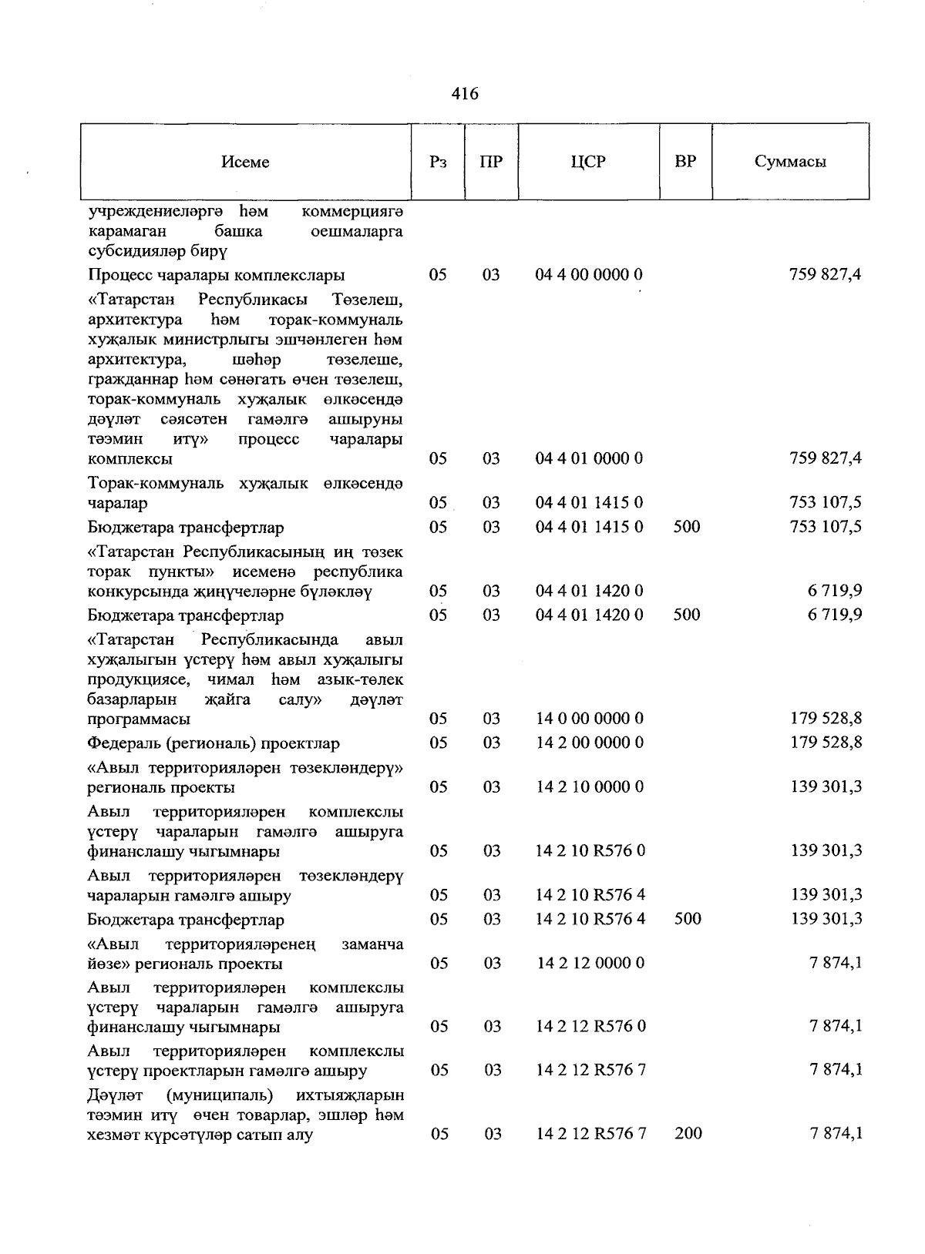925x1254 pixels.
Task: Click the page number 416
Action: click(x=465, y=94)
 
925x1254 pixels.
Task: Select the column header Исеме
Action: click(x=245, y=162)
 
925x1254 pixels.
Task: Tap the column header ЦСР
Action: click(x=588, y=162)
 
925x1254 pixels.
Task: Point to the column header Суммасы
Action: click(x=790, y=162)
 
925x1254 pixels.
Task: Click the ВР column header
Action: click(x=685, y=162)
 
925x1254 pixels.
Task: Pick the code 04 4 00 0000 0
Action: click(x=590, y=275)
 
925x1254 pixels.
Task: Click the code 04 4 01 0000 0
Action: click(x=590, y=459)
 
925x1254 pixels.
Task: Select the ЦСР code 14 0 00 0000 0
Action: click(x=590, y=719)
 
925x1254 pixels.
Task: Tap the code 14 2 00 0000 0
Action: click(x=590, y=743)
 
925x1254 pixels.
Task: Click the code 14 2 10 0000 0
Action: click(x=590, y=787)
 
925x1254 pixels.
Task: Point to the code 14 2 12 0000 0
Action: click(x=590, y=964)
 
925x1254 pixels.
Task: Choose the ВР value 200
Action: click(x=688, y=1134)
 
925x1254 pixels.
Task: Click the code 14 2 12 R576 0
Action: click(x=590, y=1027)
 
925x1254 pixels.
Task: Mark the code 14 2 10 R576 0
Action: click(x=590, y=851)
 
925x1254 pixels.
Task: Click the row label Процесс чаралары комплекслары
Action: click(x=216, y=275)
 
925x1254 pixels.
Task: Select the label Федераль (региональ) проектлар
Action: click(x=214, y=744)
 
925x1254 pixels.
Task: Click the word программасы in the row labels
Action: click(x=139, y=719)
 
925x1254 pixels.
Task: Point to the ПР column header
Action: click(x=491, y=162)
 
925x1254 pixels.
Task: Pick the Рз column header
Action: click(x=438, y=162)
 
